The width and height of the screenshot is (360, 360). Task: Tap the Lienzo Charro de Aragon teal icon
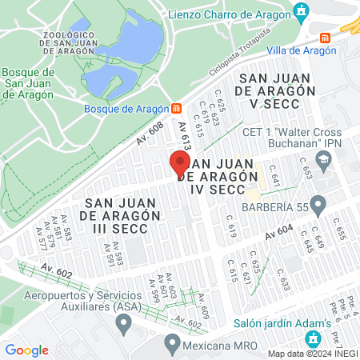301,11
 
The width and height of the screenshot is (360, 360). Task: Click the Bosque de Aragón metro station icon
176,108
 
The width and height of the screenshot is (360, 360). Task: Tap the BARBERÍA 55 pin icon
317,206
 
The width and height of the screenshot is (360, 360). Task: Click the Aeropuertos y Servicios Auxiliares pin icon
123,324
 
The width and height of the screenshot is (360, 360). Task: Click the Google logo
27,350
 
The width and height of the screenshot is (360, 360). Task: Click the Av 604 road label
279,232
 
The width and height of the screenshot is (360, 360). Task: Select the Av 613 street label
184,137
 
